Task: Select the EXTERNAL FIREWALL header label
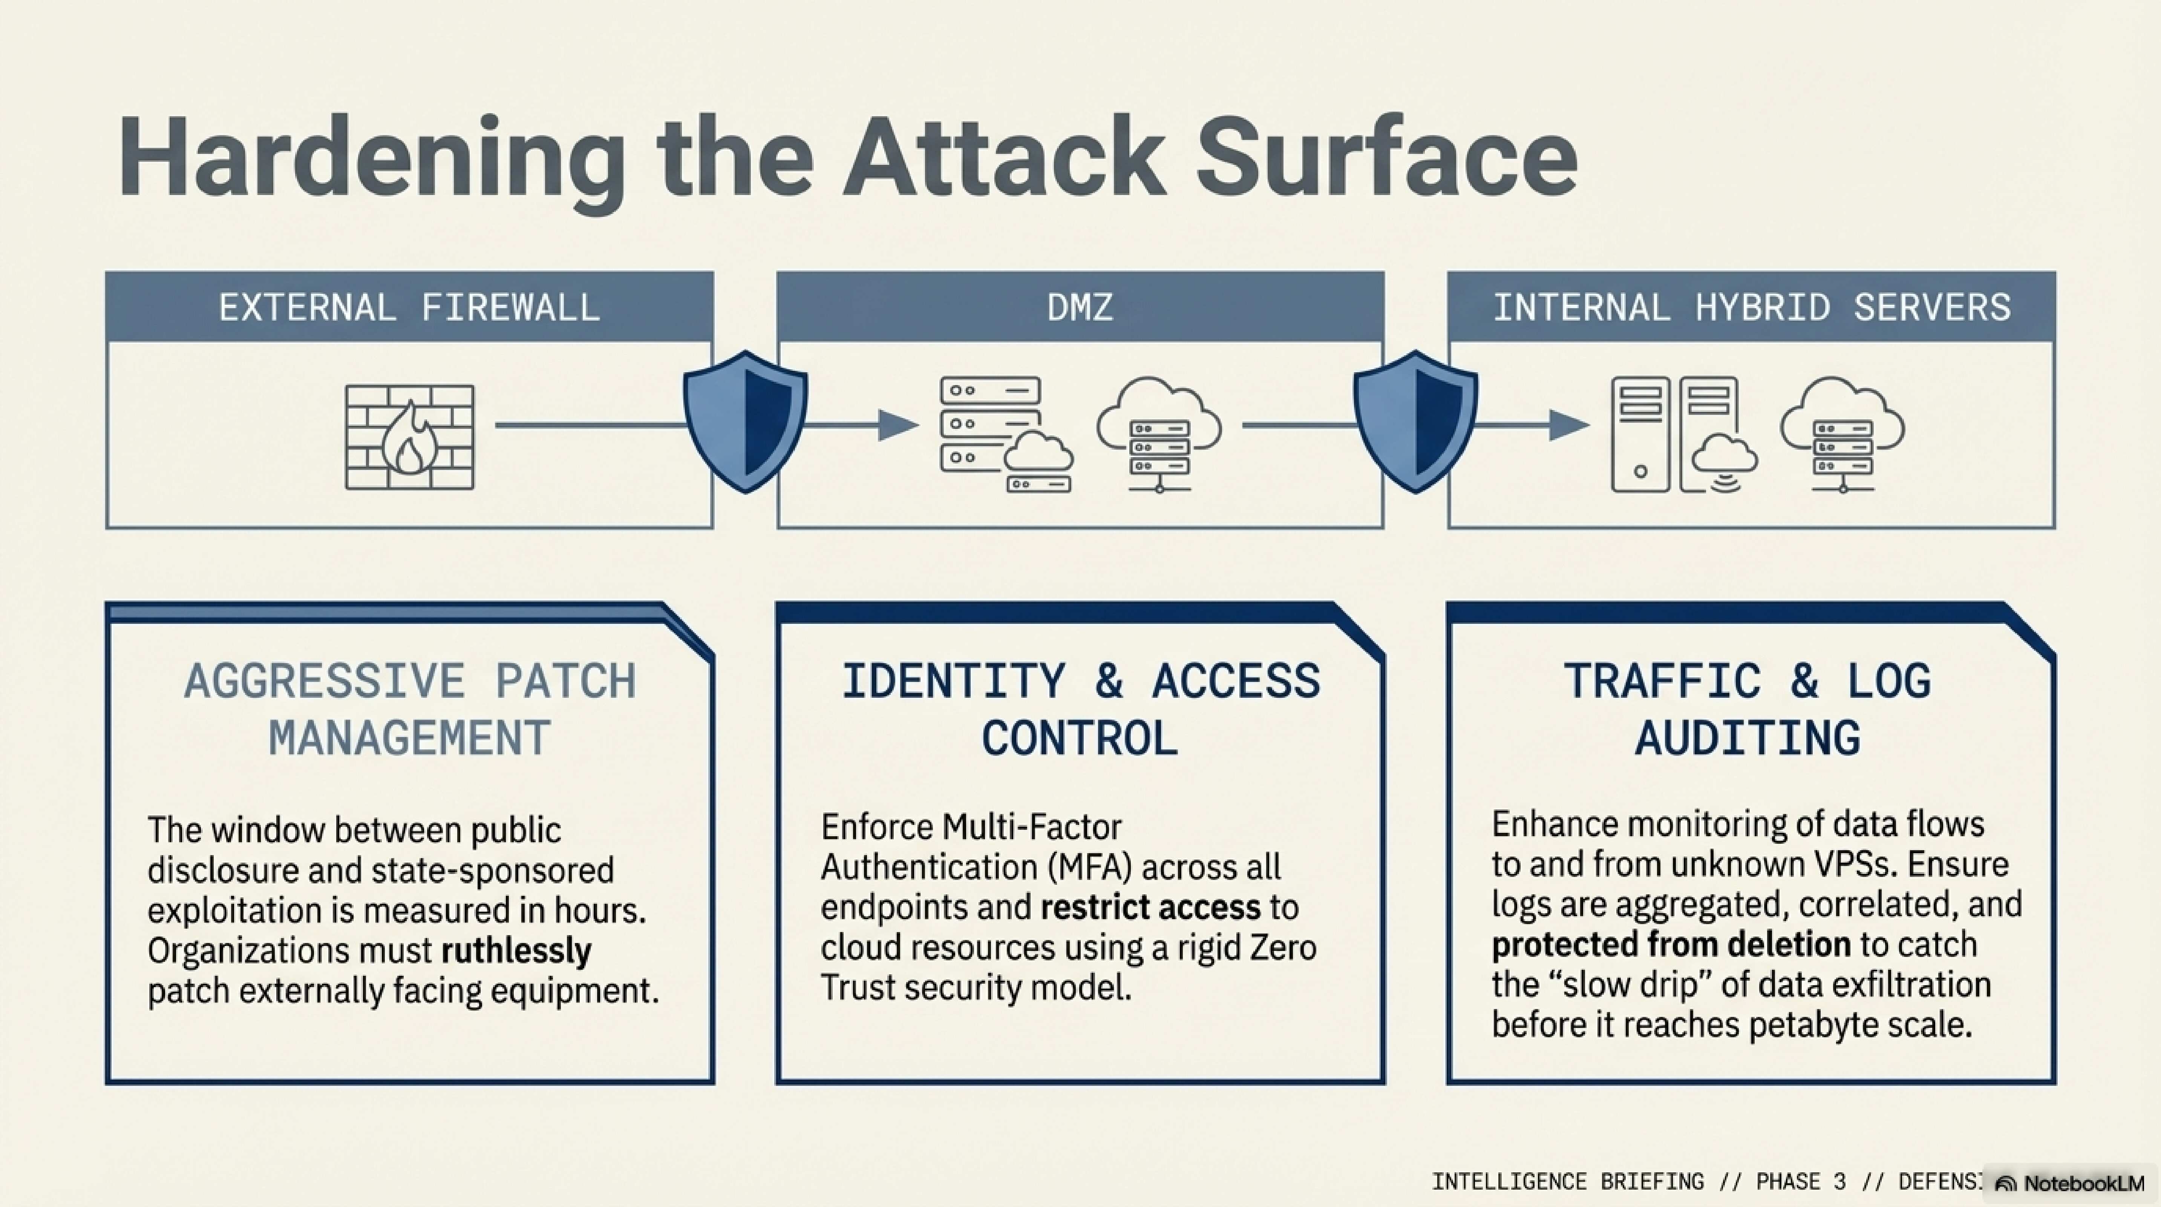point(409,307)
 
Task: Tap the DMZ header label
point(1080,307)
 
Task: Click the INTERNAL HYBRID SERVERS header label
point(1752,307)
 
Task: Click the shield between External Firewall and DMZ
point(745,421)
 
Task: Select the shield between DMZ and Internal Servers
point(1415,421)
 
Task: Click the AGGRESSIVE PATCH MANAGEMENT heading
point(409,709)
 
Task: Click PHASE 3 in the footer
point(1801,1182)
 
